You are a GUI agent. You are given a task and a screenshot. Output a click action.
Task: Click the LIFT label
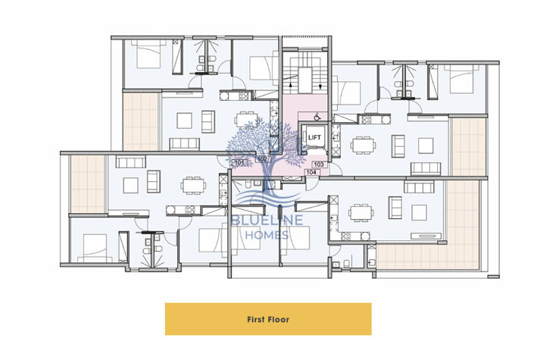pos(314,136)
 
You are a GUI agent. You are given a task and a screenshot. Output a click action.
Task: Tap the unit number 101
pos(239,163)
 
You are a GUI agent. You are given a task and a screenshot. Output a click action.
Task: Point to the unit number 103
pos(318,164)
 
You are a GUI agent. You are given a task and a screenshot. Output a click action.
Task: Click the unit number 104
pos(311,173)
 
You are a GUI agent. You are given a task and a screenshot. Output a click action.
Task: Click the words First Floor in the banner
pos(268,319)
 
